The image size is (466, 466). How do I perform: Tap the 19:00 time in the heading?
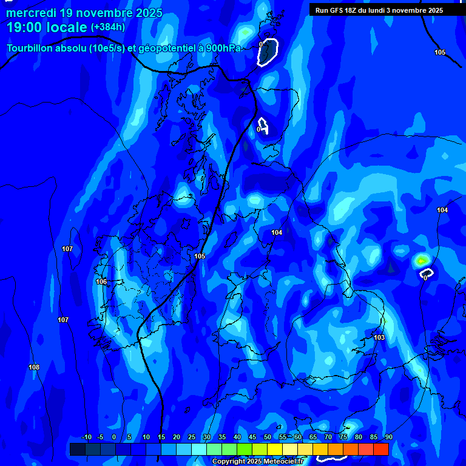[x=24, y=27]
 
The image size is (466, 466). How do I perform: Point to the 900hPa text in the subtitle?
[x=224, y=49]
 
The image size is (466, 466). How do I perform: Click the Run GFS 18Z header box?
[x=379, y=10]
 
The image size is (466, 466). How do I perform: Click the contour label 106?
[x=101, y=282]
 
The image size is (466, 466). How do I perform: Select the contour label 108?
[x=34, y=367]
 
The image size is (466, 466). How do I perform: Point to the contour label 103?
[x=379, y=337]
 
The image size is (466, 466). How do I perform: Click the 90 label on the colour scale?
[x=388, y=437]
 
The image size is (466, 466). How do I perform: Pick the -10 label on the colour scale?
[x=87, y=437]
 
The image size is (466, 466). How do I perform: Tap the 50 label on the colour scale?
[x=268, y=437]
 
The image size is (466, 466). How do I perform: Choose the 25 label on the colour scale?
[x=192, y=437]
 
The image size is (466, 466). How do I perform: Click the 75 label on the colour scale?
[x=343, y=437]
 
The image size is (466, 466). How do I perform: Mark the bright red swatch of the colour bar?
[x=380, y=449]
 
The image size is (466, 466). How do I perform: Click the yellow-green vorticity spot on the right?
[x=421, y=260]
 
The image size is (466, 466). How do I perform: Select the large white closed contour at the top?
[x=267, y=52]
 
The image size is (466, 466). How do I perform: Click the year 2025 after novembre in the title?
[x=146, y=13]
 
